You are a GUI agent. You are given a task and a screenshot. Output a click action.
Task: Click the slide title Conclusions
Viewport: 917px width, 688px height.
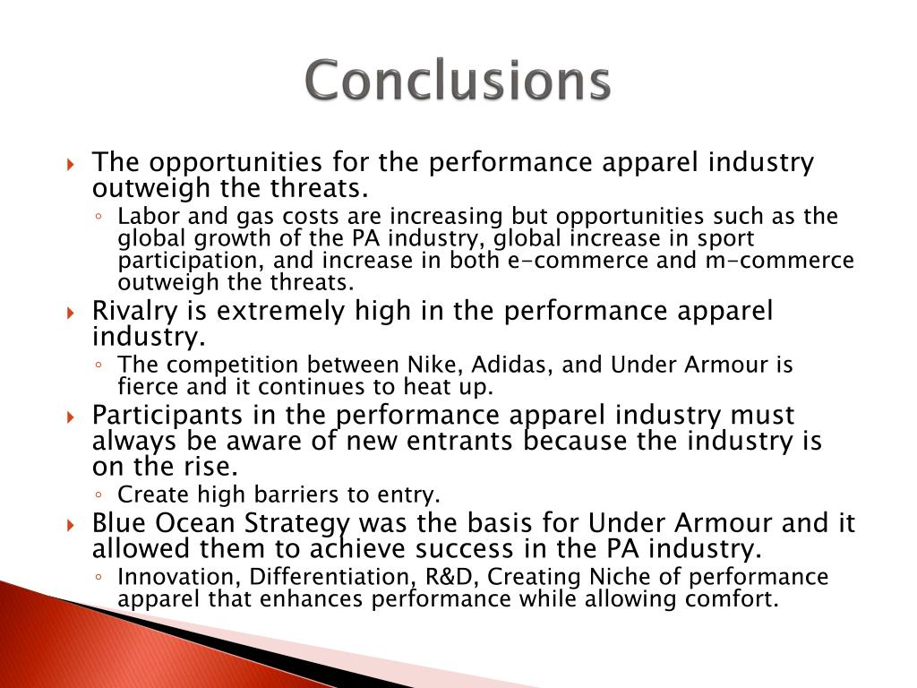point(458,82)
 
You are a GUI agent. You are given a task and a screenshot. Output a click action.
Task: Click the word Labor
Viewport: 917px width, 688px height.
point(143,217)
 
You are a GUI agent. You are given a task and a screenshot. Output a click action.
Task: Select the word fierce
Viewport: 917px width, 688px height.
point(145,388)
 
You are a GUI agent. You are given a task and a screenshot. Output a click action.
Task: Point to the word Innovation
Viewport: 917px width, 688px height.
point(172,577)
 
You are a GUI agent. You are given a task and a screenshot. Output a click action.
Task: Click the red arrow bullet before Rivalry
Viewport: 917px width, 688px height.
point(73,313)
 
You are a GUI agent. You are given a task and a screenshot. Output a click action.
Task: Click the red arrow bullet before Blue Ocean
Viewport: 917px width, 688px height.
point(73,524)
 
